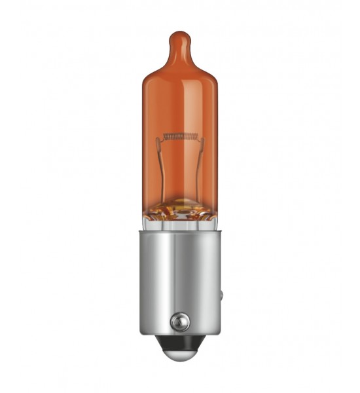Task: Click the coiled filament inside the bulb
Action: click(x=180, y=136)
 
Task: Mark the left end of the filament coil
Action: click(x=164, y=136)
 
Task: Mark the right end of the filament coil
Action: click(x=196, y=136)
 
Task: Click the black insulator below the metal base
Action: click(x=180, y=345)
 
